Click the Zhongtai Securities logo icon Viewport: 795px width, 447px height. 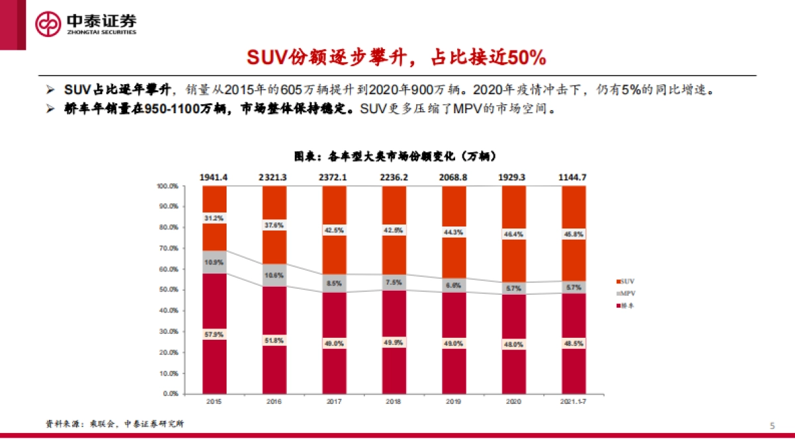click(48, 25)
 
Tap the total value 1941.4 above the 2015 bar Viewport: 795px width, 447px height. click(214, 177)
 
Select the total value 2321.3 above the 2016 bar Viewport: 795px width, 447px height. click(274, 177)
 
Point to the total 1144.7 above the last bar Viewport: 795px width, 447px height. click(574, 177)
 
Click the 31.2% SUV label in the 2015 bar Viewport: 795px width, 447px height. click(214, 218)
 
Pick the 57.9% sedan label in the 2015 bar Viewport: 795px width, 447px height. click(214, 335)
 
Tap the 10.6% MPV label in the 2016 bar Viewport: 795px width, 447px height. click(274, 275)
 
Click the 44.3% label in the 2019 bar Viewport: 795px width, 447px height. click(454, 232)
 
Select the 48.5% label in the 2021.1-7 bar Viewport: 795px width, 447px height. click(574, 344)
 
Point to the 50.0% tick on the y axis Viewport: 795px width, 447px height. click(168, 290)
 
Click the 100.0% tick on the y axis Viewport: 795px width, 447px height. click(167, 186)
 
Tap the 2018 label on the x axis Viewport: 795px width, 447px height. click(394, 401)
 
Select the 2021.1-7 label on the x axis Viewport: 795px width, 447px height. click(574, 401)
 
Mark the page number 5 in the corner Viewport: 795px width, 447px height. click(772, 425)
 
